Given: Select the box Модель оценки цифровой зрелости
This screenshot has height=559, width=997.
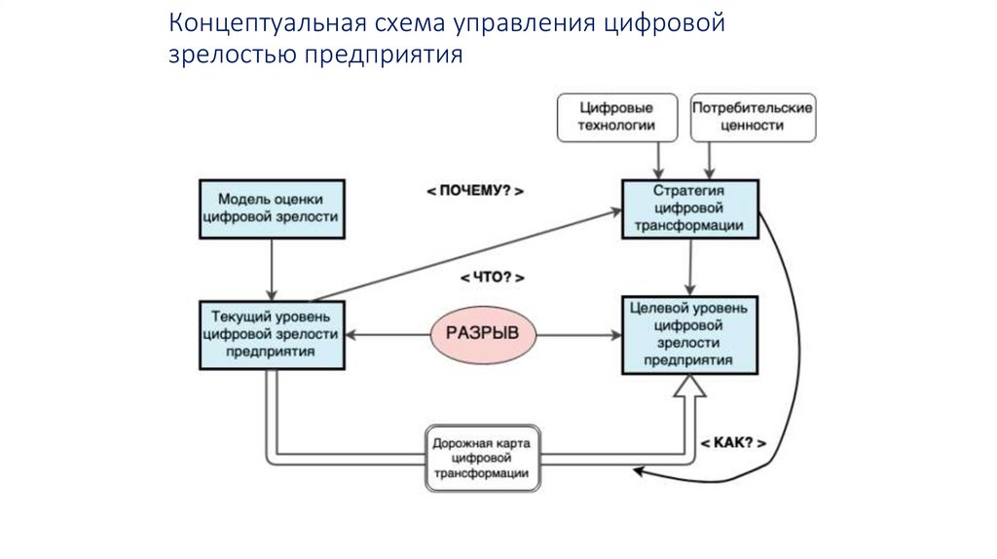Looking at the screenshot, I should click(x=271, y=206).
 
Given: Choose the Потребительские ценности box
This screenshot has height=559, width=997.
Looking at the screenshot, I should click(x=752, y=117).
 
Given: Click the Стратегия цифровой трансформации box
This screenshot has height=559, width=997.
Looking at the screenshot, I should click(x=690, y=208).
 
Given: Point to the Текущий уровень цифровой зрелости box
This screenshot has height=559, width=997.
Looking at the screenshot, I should click(x=271, y=334).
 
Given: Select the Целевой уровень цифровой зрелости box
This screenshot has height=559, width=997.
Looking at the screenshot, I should click(x=689, y=334).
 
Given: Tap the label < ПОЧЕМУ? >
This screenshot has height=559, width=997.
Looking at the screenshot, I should click(x=475, y=192).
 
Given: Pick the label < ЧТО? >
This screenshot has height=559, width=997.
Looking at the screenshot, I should click(x=491, y=278).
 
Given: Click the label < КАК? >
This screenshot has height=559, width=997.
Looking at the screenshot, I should click(x=733, y=443).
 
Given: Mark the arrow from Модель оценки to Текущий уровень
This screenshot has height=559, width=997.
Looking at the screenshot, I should click(x=272, y=266).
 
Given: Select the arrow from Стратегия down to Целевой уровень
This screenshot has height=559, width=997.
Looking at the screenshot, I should click(x=690, y=266).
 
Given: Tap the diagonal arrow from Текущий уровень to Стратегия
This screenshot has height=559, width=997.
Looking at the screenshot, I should click(x=467, y=252).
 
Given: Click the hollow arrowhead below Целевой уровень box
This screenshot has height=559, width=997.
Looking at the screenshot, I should click(x=689, y=389).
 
